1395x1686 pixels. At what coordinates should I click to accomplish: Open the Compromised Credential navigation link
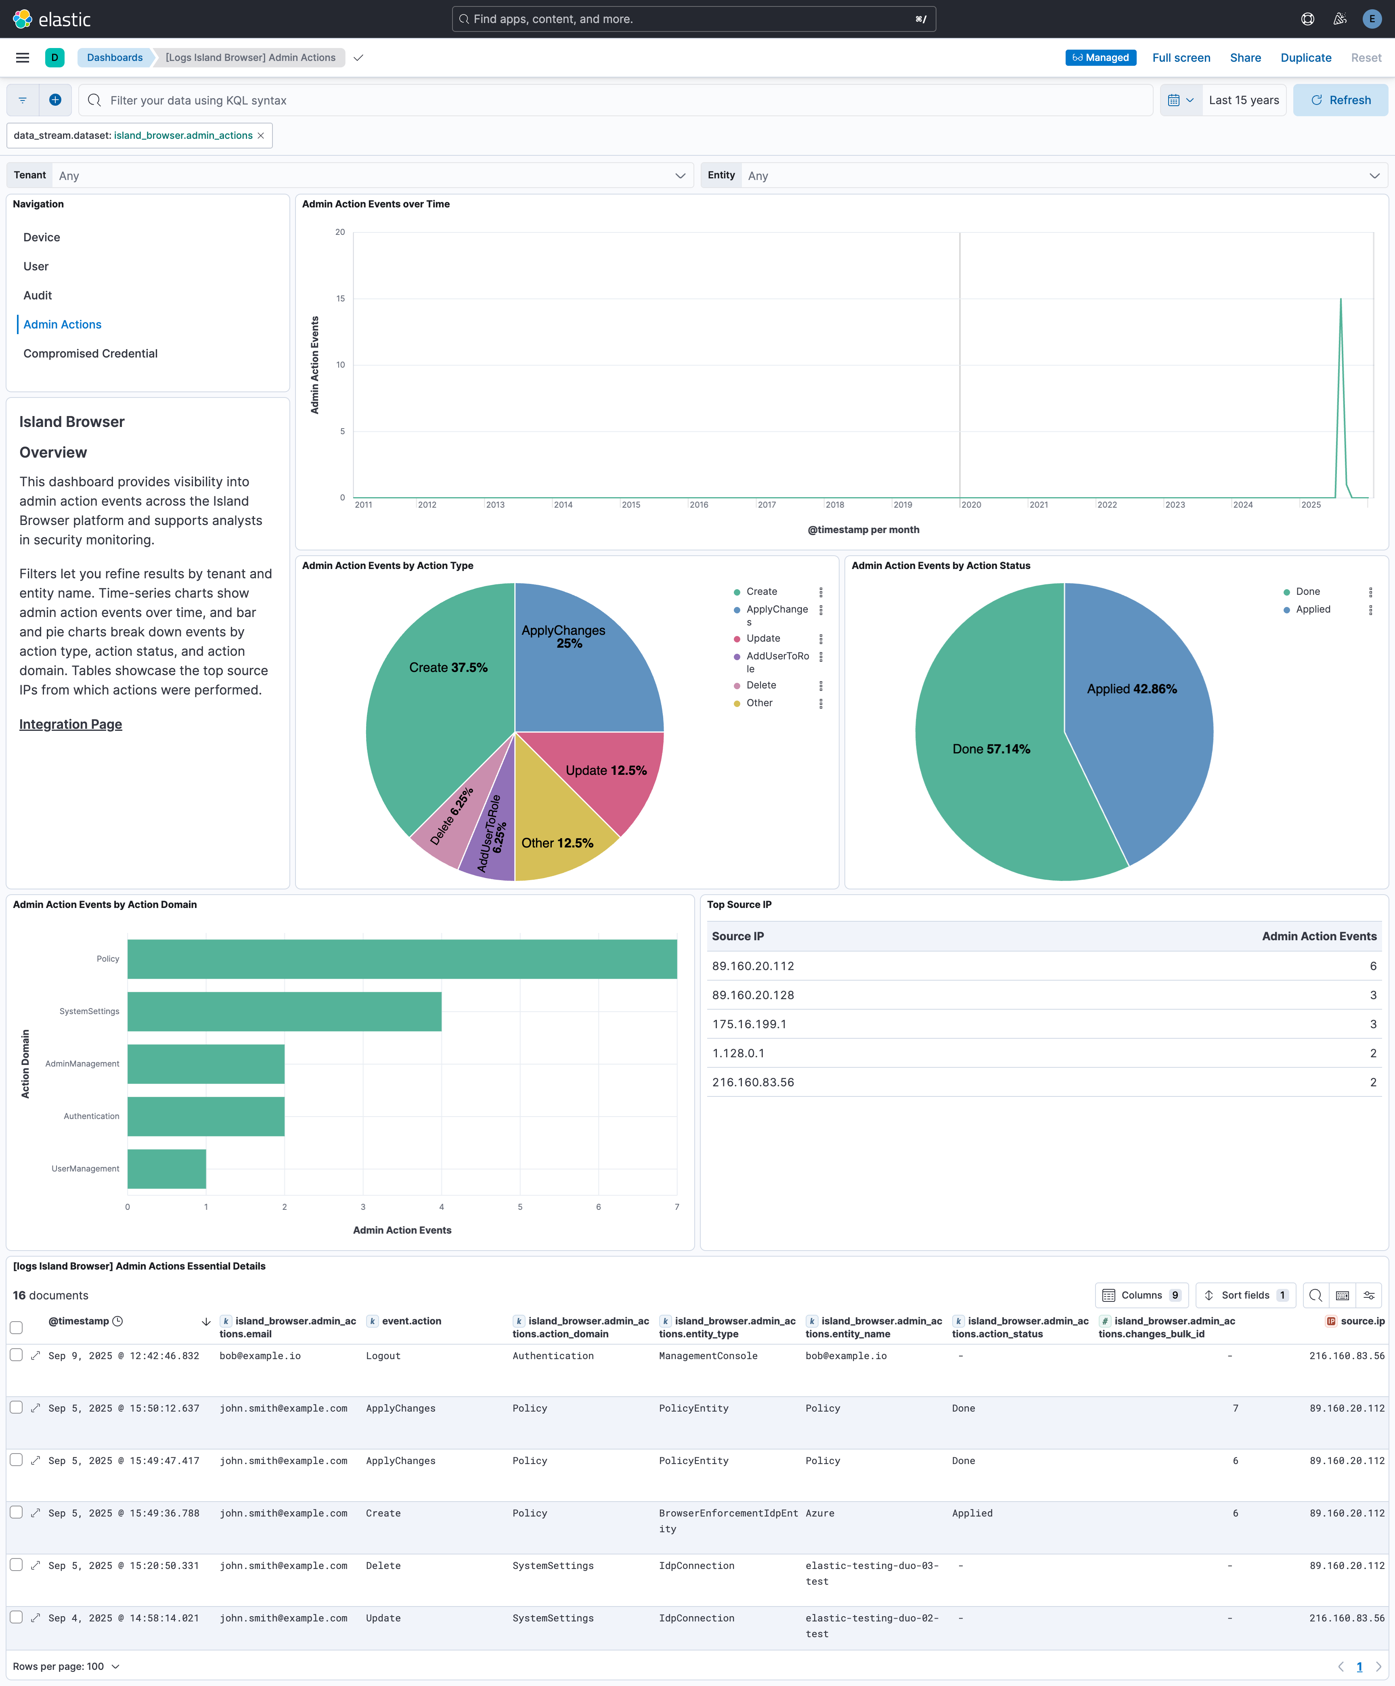coord(90,353)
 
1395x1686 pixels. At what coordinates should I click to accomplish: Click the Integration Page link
coord(71,724)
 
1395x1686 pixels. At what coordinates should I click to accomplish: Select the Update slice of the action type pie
coord(610,775)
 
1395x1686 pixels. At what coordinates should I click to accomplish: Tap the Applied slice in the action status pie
coord(1140,707)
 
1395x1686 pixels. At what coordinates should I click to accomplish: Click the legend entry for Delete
coord(760,685)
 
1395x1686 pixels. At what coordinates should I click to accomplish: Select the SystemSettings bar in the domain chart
coord(284,1012)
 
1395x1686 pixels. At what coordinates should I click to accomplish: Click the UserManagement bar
coord(166,1169)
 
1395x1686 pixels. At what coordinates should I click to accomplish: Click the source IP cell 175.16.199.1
coord(749,1025)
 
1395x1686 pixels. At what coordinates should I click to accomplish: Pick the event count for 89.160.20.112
coord(1372,966)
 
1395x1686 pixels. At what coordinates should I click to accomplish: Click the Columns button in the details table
coord(1140,1295)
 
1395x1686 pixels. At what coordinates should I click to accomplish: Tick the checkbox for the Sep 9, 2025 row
coord(16,1355)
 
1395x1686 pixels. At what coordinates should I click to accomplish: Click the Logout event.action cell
coord(383,1356)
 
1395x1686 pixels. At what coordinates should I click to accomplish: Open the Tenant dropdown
coord(369,176)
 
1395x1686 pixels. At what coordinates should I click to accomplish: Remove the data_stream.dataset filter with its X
coord(261,136)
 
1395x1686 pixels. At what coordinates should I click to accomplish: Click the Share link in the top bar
coord(1245,58)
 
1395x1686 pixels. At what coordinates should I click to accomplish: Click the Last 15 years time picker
coord(1243,100)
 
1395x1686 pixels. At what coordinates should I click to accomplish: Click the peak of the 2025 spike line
coord(1341,299)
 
